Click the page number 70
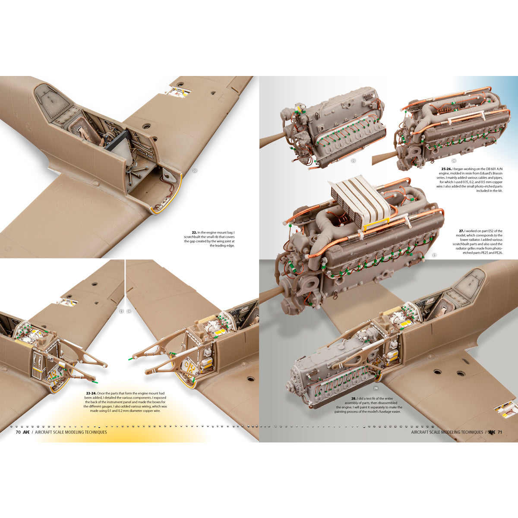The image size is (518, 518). coord(18,432)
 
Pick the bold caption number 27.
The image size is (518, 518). coord(461,231)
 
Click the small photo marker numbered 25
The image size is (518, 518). coord(353,161)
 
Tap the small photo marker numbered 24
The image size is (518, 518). coord(129,311)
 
